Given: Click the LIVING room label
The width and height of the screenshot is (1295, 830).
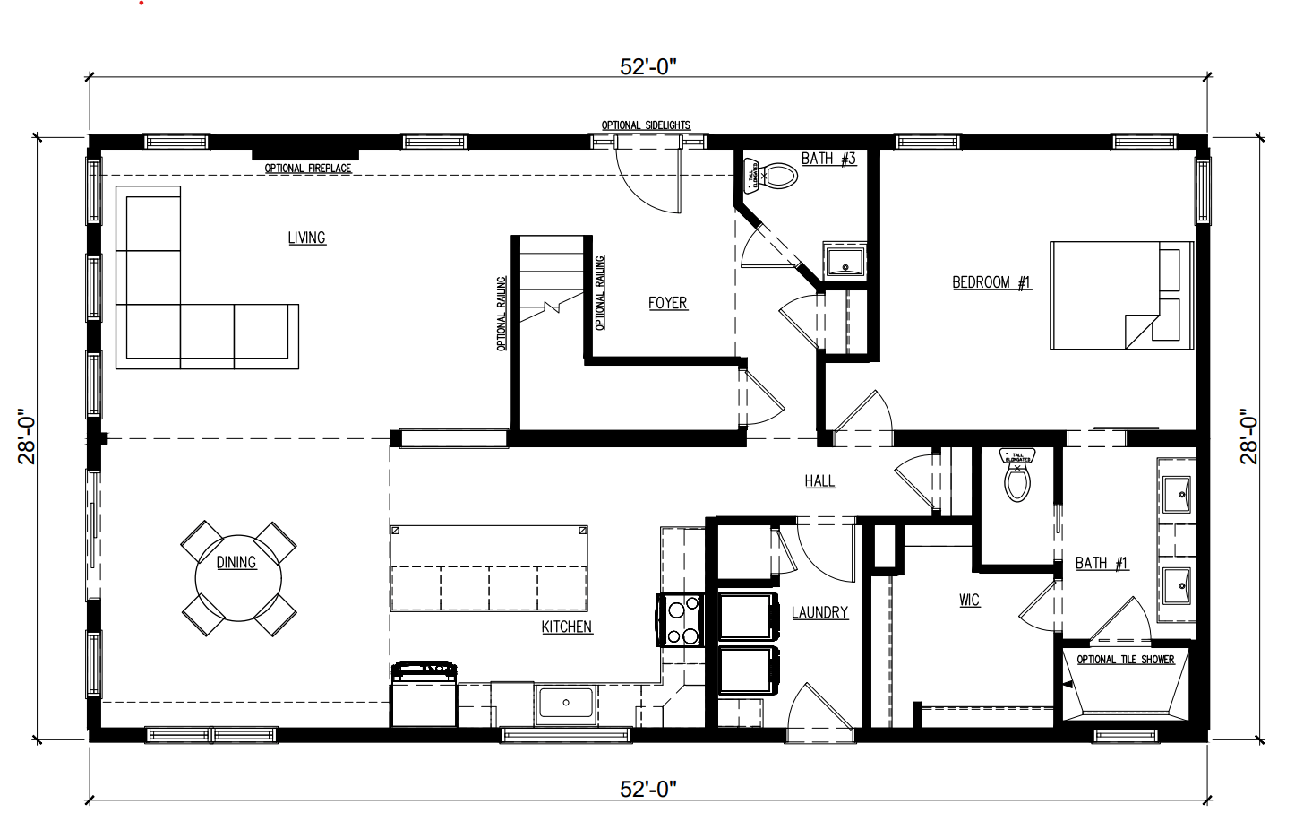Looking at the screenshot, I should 306,238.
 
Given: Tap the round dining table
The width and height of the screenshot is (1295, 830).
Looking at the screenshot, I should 237,579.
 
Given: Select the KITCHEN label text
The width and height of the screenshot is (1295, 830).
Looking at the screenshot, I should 566,627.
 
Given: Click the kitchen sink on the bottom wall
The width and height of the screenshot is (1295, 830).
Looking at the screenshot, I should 566,702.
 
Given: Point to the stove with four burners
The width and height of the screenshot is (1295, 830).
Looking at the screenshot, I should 682,620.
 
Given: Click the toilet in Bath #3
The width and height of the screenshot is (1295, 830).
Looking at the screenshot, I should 779,175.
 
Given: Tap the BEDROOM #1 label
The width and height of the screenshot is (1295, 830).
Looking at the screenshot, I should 991,282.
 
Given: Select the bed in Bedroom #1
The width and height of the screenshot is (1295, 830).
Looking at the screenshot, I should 1121,295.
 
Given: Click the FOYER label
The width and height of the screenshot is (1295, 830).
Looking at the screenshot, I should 667,303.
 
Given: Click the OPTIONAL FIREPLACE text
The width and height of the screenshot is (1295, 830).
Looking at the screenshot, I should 308,169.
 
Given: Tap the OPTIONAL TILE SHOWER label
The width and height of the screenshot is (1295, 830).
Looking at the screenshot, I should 1125,660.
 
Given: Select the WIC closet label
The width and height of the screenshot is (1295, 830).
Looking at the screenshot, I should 969,600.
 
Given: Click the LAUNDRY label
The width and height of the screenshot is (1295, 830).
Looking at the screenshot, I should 819,612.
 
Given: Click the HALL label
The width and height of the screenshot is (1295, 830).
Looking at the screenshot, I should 819,481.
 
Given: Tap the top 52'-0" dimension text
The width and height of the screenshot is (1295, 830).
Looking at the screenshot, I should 647,68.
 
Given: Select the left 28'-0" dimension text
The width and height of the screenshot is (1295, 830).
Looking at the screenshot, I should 27,437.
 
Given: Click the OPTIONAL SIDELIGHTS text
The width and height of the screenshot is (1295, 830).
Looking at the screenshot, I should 646,125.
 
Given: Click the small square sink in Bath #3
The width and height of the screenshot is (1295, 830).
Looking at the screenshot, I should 844,262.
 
